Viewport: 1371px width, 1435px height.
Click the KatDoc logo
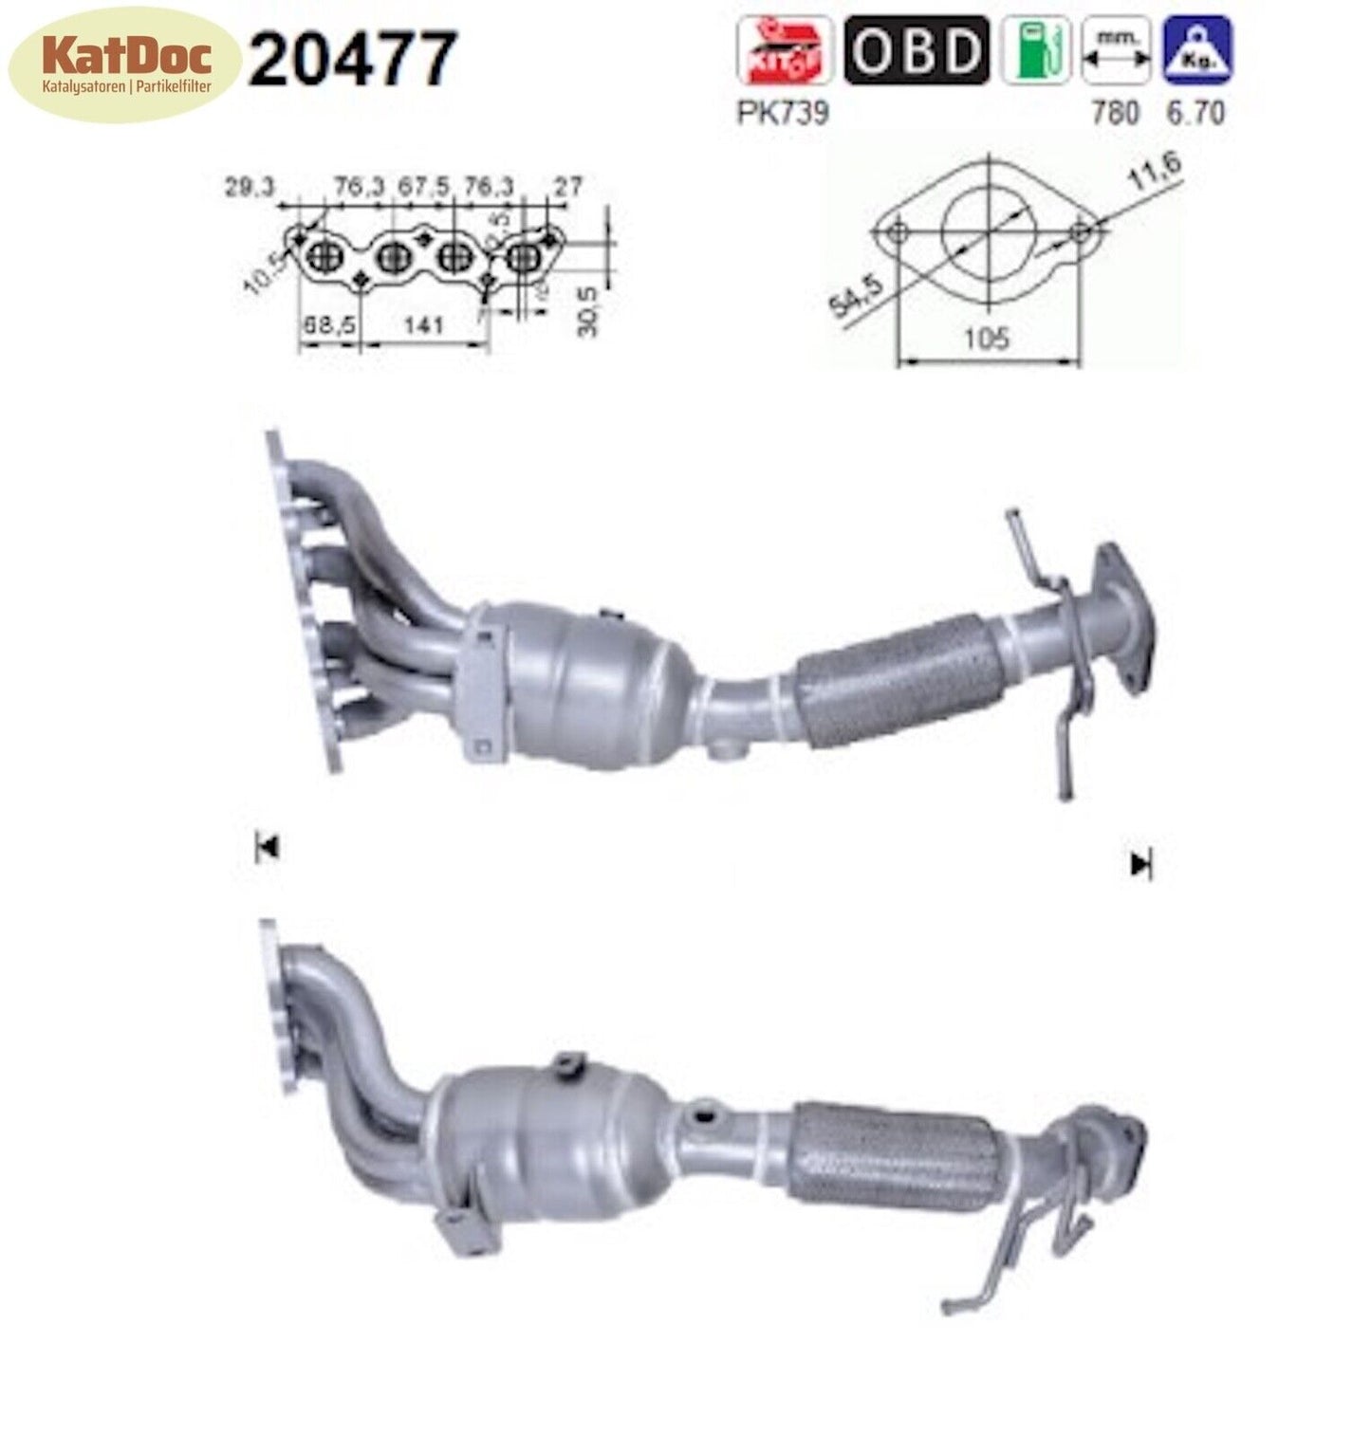coord(122,65)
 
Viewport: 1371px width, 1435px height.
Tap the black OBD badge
coord(916,49)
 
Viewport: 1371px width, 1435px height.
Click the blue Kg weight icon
coord(1197,49)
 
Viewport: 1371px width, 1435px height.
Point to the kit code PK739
coord(783,113)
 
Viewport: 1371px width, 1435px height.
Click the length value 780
coord(1116,113)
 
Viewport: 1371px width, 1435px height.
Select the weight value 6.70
coord(1195,113)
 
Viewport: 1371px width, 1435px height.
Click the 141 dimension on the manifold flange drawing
coord(424,326)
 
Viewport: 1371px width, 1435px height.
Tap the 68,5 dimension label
coord(329,326)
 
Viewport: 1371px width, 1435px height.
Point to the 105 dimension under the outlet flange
coord(987,338)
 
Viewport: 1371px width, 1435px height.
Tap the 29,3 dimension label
coord(250,187)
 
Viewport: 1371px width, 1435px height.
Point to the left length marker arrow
coord(267,847)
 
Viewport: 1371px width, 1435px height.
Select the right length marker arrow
coord(1140,863)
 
